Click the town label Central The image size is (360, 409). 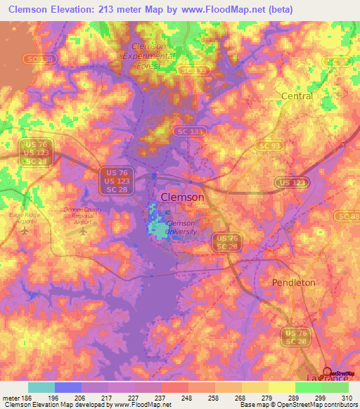(296, 96)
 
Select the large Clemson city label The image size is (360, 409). (183, 197)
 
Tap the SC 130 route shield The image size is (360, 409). (30, 60)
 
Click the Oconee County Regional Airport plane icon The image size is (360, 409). (84, 231)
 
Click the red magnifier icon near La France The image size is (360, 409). (328, 373)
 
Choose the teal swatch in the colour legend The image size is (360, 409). (41, 387)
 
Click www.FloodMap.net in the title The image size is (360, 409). (226, 9)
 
